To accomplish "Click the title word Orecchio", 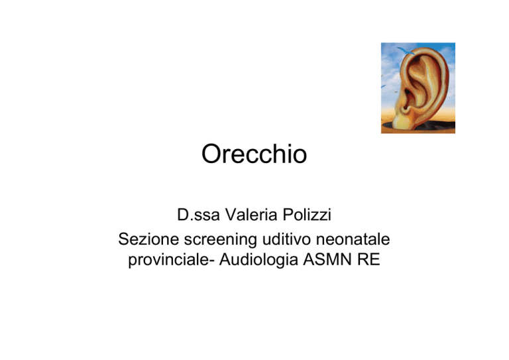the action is point(254,154).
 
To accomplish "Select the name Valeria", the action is point(251,215).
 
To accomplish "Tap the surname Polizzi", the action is point(307,215).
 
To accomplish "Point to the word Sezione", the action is point(148,239).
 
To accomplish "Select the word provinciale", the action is point(168,261).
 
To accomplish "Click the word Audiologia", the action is point(258,261).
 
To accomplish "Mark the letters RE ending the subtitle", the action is point(368,259).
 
